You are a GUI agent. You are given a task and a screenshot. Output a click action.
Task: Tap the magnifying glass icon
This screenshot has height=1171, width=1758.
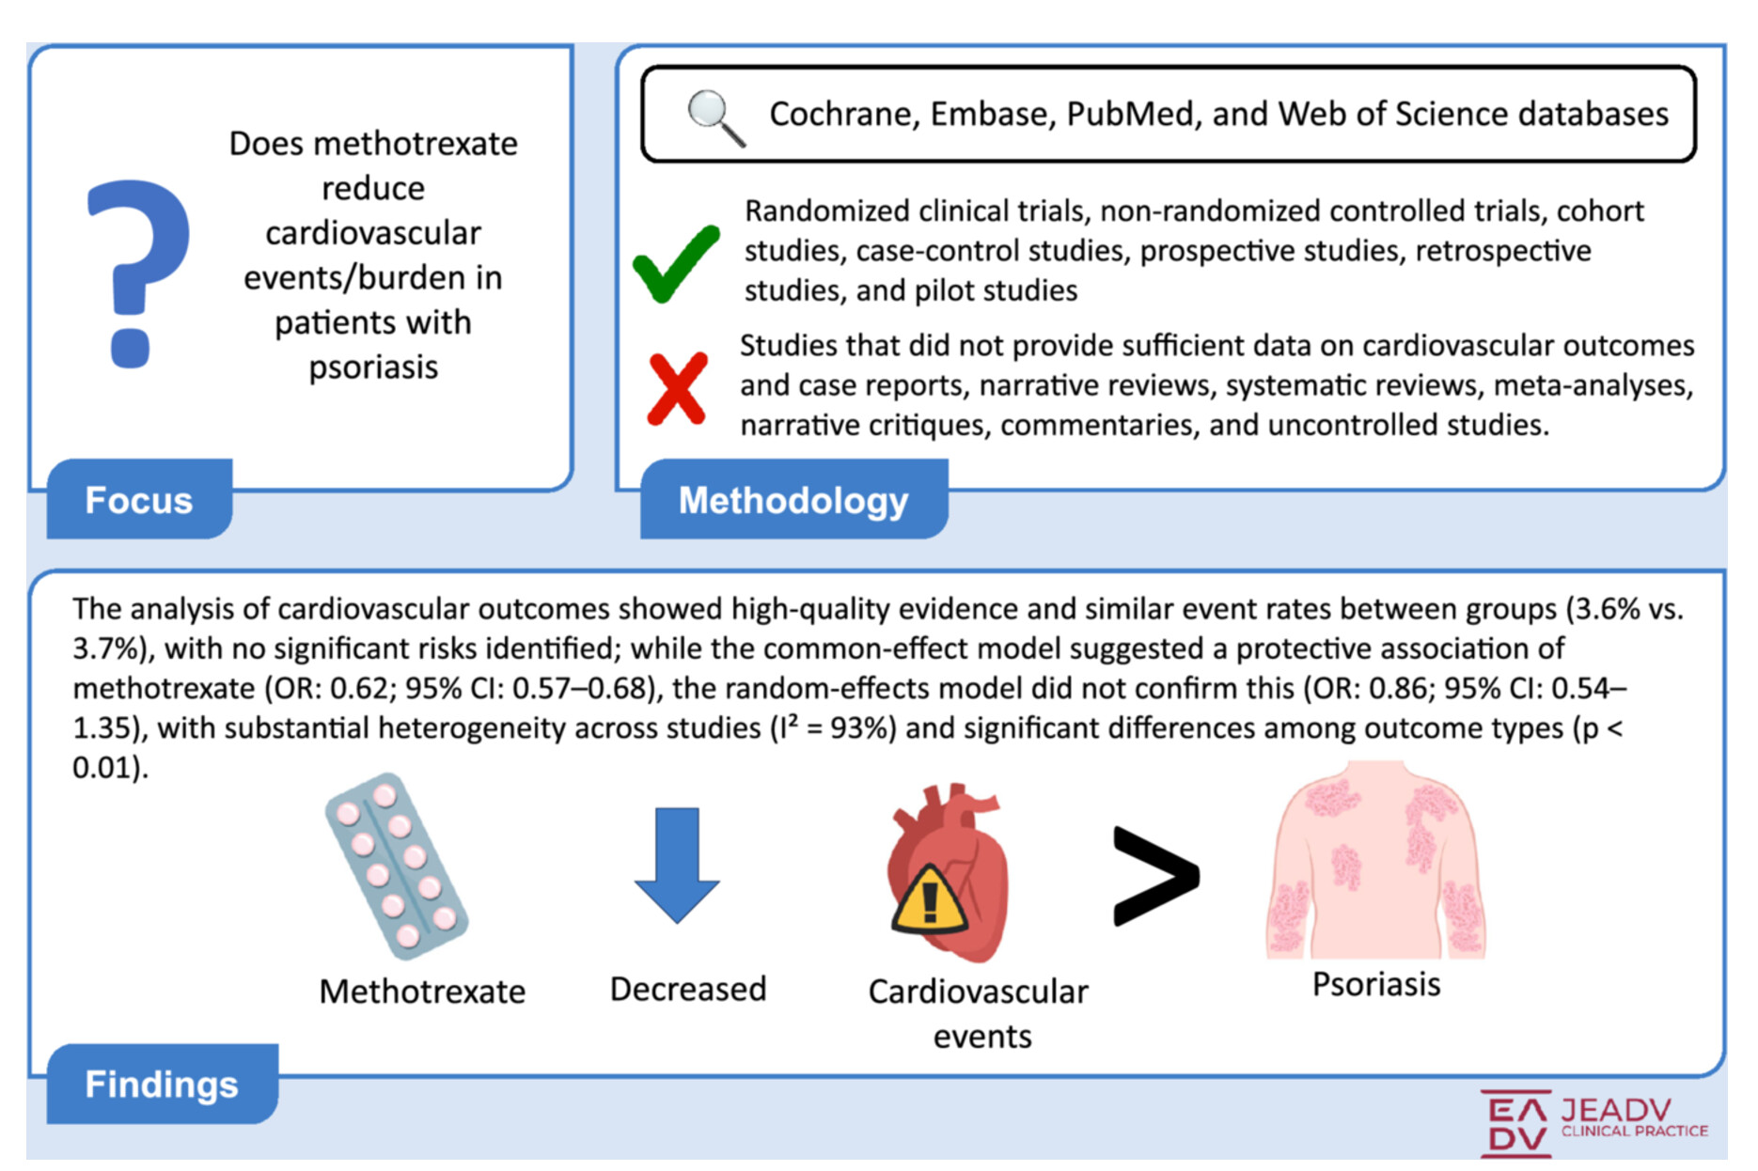714,117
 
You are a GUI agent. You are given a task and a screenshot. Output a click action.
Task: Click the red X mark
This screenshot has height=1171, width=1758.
677,388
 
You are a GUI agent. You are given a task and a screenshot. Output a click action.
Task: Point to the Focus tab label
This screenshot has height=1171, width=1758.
139,500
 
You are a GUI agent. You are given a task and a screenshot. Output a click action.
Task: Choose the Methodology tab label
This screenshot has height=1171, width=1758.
793,500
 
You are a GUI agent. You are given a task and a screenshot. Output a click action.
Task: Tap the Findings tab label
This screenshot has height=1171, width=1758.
162,1084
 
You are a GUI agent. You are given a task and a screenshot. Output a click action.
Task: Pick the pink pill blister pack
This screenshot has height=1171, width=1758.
396,866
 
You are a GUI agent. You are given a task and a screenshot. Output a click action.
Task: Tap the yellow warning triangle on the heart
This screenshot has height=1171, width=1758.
929,901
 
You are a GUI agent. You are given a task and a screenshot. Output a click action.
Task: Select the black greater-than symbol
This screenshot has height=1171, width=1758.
1155,876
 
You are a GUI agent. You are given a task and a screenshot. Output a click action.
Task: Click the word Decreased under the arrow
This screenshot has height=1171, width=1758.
688,989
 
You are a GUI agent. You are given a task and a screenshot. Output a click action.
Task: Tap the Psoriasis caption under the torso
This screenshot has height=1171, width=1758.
1376,984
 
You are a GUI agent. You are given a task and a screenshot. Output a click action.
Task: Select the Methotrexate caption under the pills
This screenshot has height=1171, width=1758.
422,991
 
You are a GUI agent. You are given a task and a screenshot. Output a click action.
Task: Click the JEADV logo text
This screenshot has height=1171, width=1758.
1616,1110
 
